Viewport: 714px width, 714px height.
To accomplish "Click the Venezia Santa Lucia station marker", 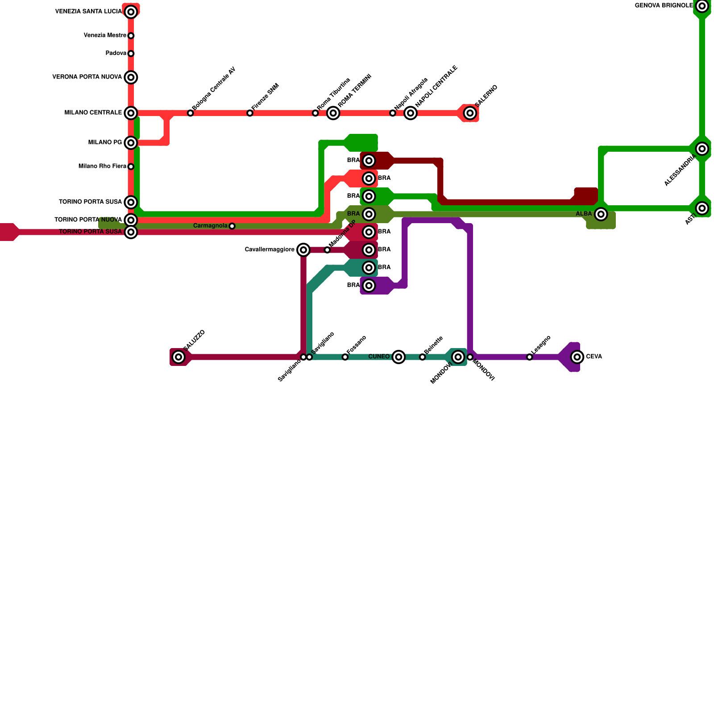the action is [131, 12].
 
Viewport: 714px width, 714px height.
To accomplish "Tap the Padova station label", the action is [116, 54].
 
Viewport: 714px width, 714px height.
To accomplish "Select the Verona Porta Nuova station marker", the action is [131, 78].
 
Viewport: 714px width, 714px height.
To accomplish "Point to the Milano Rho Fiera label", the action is [102, 166].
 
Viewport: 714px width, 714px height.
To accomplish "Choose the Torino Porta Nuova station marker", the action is [131, 220].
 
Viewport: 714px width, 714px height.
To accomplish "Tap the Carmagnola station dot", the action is [232, 226].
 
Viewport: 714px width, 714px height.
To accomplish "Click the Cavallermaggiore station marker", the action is [303, 250].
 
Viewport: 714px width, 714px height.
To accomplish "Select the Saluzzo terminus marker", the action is [178, 357].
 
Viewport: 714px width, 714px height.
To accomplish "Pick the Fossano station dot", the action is [345, 357].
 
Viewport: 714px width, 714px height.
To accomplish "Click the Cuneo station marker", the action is [399, 357].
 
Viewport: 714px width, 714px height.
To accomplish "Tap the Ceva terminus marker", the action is [577, 357].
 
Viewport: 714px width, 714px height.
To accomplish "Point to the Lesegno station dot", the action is [529, 357].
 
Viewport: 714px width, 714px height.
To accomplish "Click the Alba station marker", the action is [601, 214].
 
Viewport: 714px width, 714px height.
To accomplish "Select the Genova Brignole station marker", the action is [702, 6].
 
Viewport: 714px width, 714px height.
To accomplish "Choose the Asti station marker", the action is [702, 208].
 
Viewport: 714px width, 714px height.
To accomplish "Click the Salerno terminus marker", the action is [470, 113].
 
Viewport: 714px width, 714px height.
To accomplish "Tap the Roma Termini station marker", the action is [333, 113].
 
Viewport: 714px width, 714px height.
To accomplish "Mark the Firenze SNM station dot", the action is [250, 113].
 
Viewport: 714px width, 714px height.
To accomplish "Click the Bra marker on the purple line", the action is [369, 286].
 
